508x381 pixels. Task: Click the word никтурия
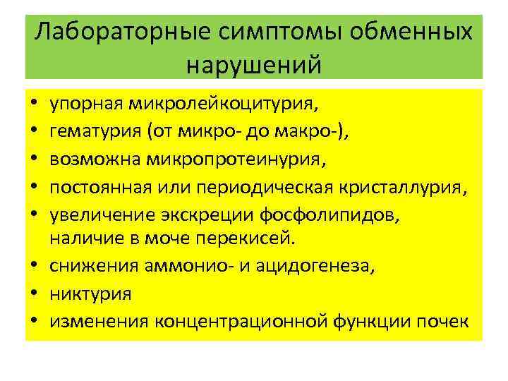tap(90, 292)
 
